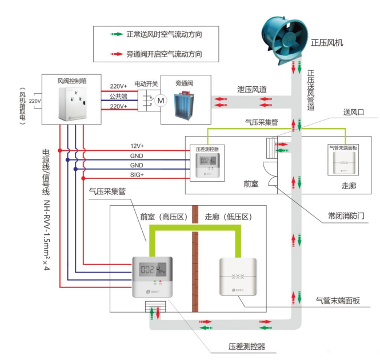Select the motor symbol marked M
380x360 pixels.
161,101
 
